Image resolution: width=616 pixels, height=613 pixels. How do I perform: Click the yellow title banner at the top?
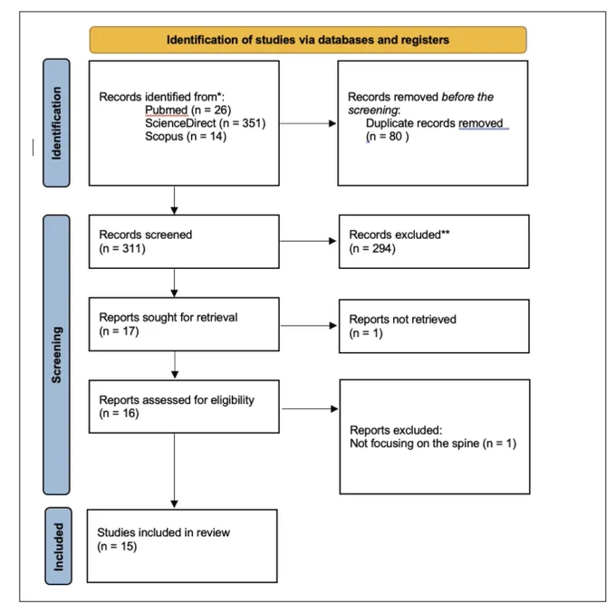pos(308,40)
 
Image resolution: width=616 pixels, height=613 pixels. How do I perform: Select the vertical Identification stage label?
pos(56,123)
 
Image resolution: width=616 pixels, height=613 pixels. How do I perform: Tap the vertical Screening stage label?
pos(56,355)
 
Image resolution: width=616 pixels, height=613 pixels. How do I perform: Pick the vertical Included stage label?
pos(58,546)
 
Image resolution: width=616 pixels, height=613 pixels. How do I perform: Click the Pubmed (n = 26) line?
pos(188,110)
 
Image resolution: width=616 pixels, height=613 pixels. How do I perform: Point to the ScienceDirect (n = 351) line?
pos(205,123)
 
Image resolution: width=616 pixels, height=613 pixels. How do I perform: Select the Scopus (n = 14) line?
pos(186,136)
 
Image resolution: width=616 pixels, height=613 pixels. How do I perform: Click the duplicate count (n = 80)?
pos(388,136)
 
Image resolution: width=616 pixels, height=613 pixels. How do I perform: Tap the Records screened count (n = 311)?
pos(122,248)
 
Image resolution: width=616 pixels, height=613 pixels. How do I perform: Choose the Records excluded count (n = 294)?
pos(372,248)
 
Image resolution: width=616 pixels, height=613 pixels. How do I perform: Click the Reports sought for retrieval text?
pos(168,317)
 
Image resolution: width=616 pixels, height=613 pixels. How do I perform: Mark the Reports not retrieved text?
pos(403,320)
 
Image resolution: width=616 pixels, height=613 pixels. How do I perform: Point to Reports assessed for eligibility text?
pos(177,400)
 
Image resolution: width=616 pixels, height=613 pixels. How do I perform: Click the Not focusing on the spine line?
pos(433,444)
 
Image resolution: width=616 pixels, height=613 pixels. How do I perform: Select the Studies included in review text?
pos(163,532)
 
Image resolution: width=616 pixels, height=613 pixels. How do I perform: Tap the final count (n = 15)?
pos(117,546)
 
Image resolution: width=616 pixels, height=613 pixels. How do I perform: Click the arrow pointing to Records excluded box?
pos(308,241)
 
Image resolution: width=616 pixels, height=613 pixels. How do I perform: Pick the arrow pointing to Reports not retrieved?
pos(309,326)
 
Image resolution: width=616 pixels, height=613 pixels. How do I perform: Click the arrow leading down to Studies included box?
pos(175,471)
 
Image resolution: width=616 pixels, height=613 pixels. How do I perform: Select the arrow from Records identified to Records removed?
pos(308,123)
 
